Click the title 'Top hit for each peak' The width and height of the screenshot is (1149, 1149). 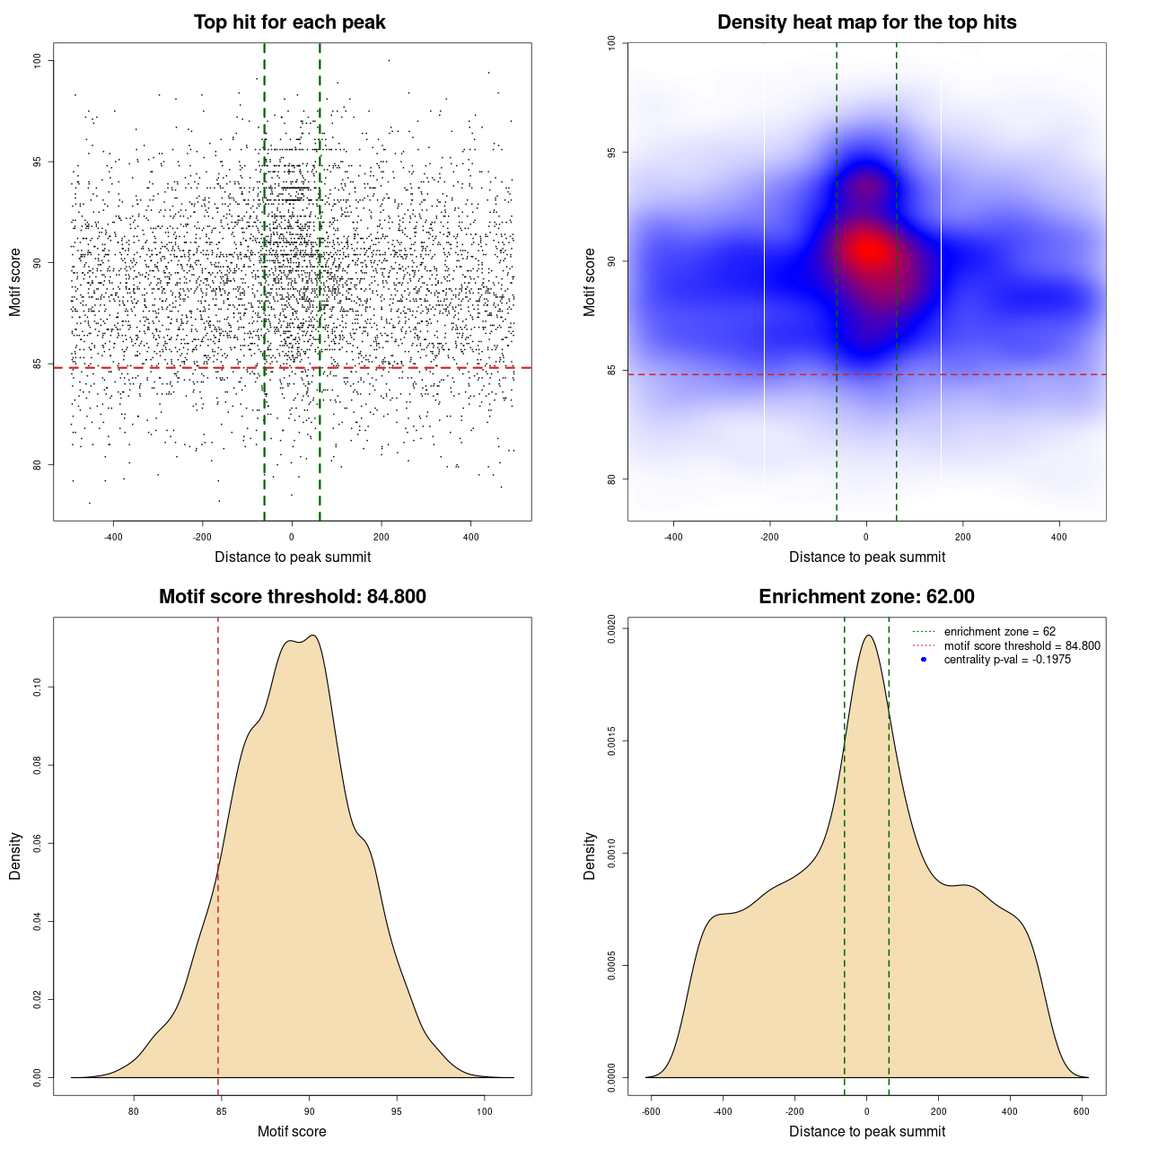coord(290,22)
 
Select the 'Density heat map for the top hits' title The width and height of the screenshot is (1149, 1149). coord(866,22)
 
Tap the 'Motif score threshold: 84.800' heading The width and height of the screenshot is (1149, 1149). coord(292,597)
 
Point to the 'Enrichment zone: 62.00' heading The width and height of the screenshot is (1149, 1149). coord(866,597)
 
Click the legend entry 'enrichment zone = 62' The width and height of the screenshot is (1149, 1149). coord(999,632)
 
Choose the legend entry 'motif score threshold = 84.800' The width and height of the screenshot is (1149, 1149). coord(1022,645)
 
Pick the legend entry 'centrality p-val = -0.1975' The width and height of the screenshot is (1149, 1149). coord(1007,660)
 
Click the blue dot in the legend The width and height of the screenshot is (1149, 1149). coord(924,660)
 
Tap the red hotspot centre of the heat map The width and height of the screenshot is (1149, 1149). coord(867,250)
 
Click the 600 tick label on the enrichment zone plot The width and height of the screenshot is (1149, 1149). coord(1082,1111)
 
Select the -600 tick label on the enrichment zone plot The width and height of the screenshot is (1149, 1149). coord(652,1111)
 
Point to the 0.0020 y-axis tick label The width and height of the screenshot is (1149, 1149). coord(611,629)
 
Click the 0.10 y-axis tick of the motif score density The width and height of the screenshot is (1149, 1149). coord(37,688)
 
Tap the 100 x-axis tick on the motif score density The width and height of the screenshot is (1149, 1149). coord(485,1111)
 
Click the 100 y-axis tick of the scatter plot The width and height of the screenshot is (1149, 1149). coord(37,60)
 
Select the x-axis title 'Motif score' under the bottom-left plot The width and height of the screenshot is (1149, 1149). coord(292,1131)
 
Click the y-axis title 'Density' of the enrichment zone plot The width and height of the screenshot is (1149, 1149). coord(590,855)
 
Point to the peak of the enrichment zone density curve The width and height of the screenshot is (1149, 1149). coord(868,636)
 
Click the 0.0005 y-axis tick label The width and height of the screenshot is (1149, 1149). coord(611,965)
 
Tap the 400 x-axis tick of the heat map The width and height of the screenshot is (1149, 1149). coord(1059,537)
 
